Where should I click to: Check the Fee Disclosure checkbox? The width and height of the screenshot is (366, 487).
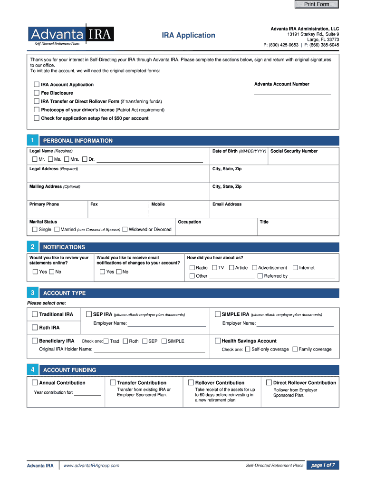pyautogui.click(x=37, y=93)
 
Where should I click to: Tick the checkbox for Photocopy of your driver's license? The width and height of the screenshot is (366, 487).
pyautogui.click(x=37, y=110)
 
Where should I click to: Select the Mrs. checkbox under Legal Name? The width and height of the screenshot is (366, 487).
pyautogui.click(x=67, y=159)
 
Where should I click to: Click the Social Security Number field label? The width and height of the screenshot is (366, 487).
pyautogui.click(x=294, y=151)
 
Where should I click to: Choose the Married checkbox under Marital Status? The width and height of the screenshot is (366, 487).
pyautogui.click(x=57, y=230)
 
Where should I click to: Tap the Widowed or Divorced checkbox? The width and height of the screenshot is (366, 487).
pyautogui.click(x=125, y=230)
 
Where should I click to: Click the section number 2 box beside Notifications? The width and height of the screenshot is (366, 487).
pyautogui.click(x=32, y=247)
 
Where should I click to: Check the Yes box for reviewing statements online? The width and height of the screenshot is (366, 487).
pyautogui.click(x=35, y=272)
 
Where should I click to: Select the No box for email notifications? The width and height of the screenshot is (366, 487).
pyautogui.click(x=119, y=272)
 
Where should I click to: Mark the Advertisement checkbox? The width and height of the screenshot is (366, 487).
pyautogui.click(x=254, y=268)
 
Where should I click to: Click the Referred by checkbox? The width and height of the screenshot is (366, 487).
pyautogui.click(x=260, y=276)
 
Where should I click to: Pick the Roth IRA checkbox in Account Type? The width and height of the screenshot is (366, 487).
pyautogui.click(x=35, y=328)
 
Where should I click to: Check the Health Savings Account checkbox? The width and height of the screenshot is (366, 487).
pyautogui.click(x=218, y=341)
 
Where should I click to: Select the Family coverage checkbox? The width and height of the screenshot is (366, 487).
pyautogui.click(x=295, y=349)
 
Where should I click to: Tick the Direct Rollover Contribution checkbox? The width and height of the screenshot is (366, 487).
pyautogui.click(x=269, y=383)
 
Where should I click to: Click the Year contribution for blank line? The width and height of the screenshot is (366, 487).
pyautogui.click(x=87, y=393)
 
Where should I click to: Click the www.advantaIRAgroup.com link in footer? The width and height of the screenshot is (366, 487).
pyautogui.click(x=91, y=466)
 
